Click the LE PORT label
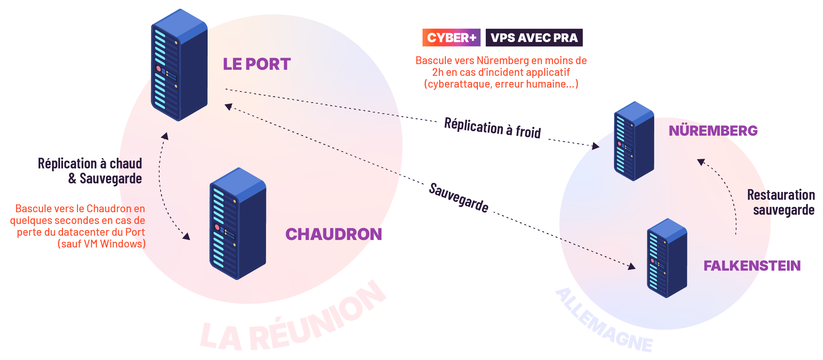point(256,64)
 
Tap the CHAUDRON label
point(333,234)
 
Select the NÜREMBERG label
point(713,131)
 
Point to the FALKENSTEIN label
point(752,266)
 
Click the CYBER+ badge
point(451,37)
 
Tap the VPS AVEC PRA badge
point(534,37)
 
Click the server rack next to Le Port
point(179,65)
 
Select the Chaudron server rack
point(238,224)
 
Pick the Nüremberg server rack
point(634,141)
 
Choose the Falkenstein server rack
point(667,258)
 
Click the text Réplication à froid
point(492,127)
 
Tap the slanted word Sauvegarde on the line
point(458,198)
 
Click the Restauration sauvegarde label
point(781,202)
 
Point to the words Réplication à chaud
point(90,163)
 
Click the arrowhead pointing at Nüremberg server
point(595,146)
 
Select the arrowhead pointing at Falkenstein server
point(632,266)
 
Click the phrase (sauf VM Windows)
point(101,244)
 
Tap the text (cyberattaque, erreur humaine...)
point(501,84)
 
